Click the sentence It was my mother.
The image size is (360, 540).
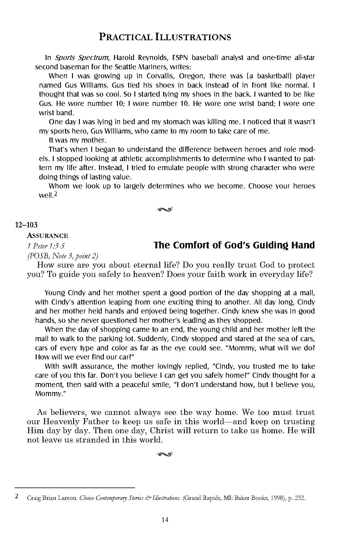coord(77,140)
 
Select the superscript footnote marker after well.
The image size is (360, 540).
coord(56,194)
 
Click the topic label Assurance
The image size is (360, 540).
coord(47,236)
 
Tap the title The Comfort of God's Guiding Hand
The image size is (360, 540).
coord(234,245)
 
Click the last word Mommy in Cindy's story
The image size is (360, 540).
coord(49,394)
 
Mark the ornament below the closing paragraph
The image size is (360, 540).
coord(165,454)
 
